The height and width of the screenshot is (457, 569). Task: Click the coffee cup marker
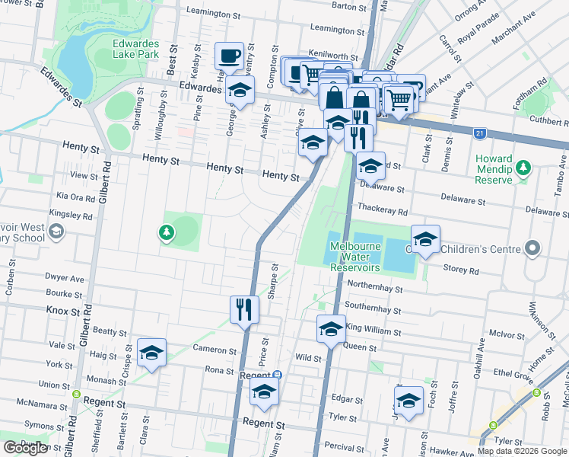coord(229,56)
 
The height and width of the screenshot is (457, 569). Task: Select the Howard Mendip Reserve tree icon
coord(523,168)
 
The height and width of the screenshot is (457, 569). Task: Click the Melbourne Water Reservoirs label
coord(355,257)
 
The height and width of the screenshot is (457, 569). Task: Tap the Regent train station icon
coord(278,375)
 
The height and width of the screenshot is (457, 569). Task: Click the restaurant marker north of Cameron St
coord(244,309)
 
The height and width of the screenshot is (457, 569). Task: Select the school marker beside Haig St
coord(152,353)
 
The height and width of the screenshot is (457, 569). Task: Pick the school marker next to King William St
coord(331,329)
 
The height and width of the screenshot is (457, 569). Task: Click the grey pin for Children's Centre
coord(532,248)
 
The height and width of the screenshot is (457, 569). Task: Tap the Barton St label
coord(350,6)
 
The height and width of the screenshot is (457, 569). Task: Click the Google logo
coord(24,448)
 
